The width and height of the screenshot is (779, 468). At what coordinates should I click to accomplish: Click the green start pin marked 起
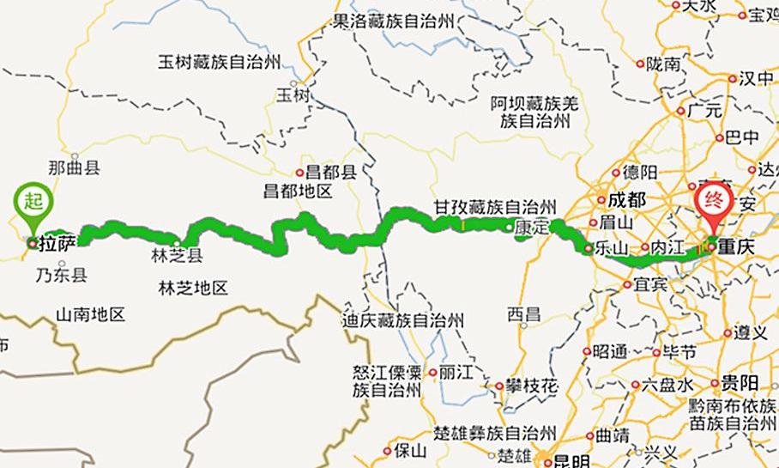tap(32, 204)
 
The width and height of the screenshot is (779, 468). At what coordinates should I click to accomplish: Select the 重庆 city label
tap(737, 246)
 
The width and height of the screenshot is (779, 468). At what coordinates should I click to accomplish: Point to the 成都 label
tap(625, 200)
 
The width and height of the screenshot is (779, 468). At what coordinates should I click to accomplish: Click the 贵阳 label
tap(739, 382)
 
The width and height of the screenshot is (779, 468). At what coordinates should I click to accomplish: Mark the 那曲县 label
tap(75, 167)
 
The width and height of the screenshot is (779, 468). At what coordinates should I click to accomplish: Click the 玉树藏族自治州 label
tap(219, 62)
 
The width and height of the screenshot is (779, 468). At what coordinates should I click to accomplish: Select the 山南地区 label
tap(91, 314)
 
